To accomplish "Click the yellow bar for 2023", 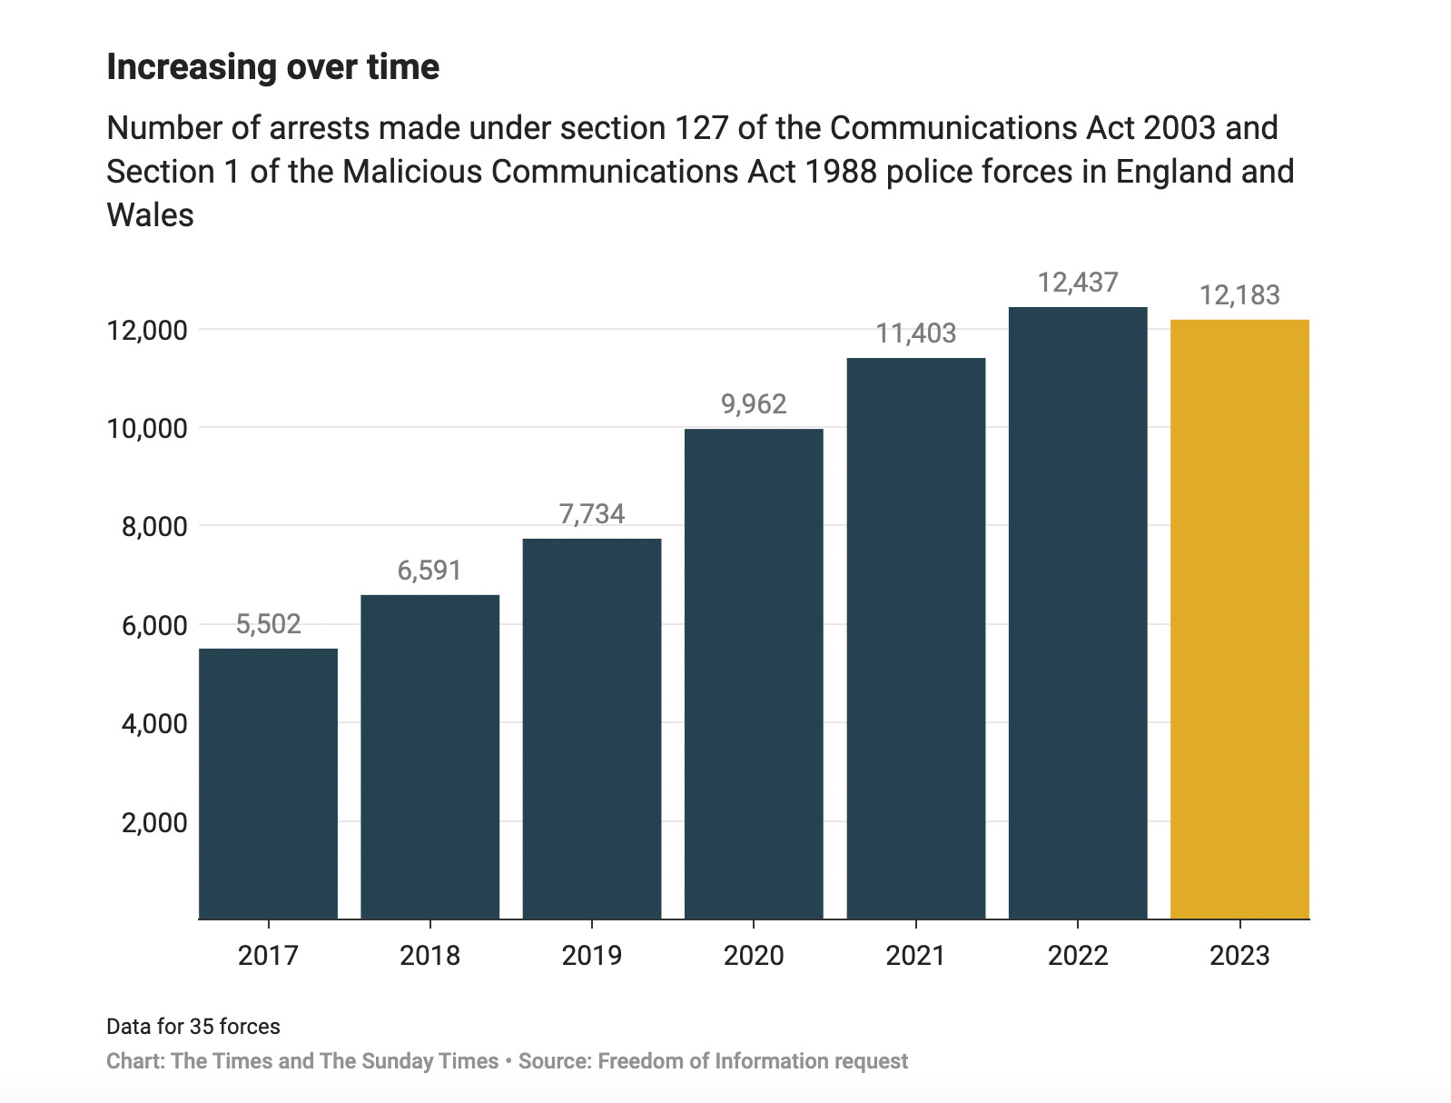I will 1239,619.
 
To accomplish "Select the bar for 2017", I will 268,783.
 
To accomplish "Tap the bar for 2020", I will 754,673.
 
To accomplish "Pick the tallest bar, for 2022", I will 1078,613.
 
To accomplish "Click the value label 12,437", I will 1078,283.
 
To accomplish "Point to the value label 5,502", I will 268,624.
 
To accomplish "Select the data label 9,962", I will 754,404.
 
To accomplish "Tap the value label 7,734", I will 592,514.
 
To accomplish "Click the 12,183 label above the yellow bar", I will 1239,295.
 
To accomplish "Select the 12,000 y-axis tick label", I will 147,330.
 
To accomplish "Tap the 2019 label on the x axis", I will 592,956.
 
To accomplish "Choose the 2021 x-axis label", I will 915,956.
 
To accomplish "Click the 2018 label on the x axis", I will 429,956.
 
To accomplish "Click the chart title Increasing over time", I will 273,67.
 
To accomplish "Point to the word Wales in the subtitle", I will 151,215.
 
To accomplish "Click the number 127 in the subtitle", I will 701,128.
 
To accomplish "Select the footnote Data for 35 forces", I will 193,1027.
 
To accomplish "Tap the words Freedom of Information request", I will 753,1061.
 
